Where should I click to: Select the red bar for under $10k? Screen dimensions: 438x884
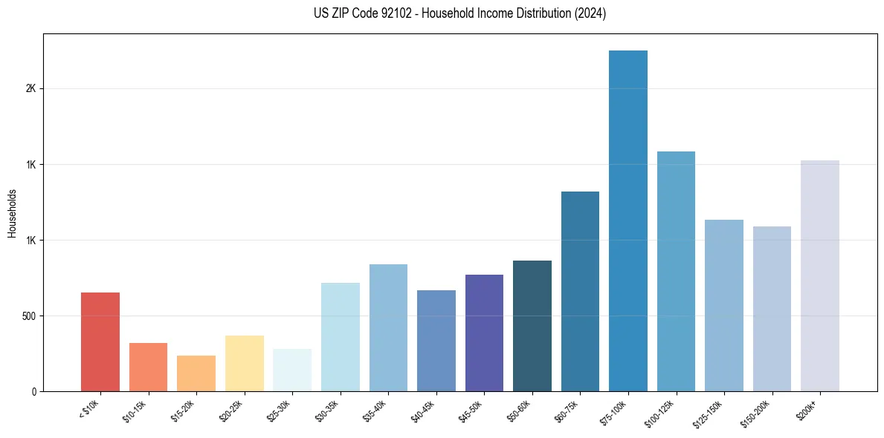pos(100,341)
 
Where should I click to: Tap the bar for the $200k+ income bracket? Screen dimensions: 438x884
pos(820,275)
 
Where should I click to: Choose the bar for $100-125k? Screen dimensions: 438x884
pos(676,271)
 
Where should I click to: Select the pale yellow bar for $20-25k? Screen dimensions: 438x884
pos(245,363)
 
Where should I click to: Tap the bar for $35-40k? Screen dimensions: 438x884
pos(388,327)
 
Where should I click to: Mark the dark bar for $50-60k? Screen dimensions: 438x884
pos(532,326)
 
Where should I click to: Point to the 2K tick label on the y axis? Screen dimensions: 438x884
pos(30,88)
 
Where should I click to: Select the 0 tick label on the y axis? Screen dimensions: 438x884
pos(33,392)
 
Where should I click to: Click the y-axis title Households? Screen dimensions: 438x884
pos(12,213)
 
